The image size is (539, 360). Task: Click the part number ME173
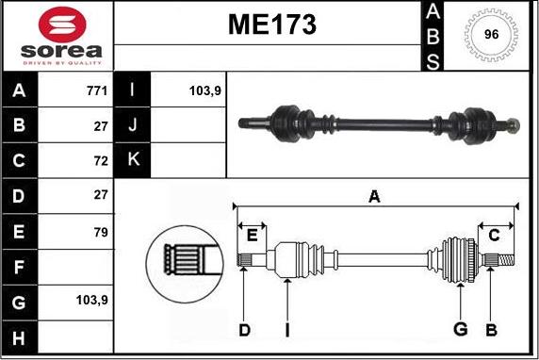point(272,25)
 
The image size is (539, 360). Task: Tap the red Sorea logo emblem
point(62,25)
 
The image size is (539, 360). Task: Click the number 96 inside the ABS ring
point(491,34)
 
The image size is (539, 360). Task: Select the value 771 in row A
point(97,90)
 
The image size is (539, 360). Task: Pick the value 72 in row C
point(101,160)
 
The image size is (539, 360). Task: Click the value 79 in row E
point(101,233)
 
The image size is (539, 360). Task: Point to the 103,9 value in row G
point(92,301)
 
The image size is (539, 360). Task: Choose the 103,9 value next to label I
point(204,91)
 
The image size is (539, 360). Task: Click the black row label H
point(19,337)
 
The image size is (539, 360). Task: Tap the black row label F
point(19,267)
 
